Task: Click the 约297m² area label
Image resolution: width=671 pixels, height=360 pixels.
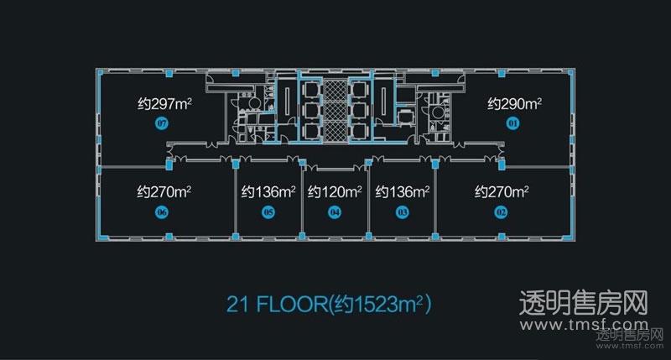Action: [164, 103]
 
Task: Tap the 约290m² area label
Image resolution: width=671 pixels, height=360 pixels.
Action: [515, 103]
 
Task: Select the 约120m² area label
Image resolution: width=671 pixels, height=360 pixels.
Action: [335, 192]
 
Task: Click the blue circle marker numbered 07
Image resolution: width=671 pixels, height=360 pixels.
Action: [162, 124]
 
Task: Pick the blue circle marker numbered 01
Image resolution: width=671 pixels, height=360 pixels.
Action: [512, 124]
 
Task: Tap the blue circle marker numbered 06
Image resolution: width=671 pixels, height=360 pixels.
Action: [162, 212]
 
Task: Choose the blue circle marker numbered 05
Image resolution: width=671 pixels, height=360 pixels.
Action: [268, 212]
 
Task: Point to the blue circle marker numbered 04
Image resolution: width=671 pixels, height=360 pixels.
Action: [335, 212]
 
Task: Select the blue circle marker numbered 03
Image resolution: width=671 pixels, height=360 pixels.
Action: [403, 212]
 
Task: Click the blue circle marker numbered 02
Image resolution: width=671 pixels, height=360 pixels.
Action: [501, 212]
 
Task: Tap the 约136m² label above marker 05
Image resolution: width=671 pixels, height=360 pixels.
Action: [268, 192]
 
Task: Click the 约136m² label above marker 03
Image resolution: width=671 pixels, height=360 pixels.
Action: [403, 192]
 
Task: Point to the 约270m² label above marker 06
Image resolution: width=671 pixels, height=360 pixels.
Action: [164, 192]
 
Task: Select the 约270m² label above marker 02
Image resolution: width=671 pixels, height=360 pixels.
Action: [502, 192]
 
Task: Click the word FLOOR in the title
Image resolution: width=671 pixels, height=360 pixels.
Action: [291, 305]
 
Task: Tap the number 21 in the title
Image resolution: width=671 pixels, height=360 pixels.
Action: [237, 305]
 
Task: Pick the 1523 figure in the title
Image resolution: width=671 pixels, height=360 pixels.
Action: [375, 305]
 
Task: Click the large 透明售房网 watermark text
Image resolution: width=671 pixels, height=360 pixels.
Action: [584, 303]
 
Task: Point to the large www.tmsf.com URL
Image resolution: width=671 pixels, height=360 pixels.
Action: [584, 325]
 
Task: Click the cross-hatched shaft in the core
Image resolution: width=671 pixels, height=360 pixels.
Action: [335, 111]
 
